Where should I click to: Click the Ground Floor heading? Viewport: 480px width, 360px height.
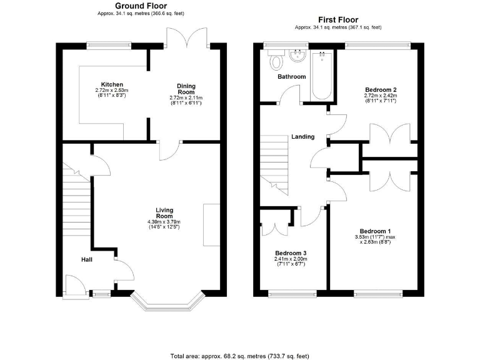click(x=141, y=6)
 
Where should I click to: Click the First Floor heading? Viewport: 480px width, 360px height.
click(x=337, y=19)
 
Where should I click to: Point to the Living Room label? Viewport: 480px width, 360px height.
click(x=164, y=212)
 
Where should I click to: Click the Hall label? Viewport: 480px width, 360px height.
click(x=87, y=259)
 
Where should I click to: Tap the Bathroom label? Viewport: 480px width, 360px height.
click(x=292, y=77)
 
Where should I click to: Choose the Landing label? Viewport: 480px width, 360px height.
click(x=302, y=137)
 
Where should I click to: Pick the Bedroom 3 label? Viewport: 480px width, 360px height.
click(x=289, y=253)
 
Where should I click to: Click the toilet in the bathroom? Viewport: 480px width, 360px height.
click(x=275, y=61)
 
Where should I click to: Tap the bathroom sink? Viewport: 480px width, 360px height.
click(x=297, y=57)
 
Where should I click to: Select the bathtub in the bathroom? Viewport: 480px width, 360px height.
click(x=322, y=75)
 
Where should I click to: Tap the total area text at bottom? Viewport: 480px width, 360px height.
click(x=239, y=356)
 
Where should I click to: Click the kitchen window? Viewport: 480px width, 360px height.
click(x=109, y=45)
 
